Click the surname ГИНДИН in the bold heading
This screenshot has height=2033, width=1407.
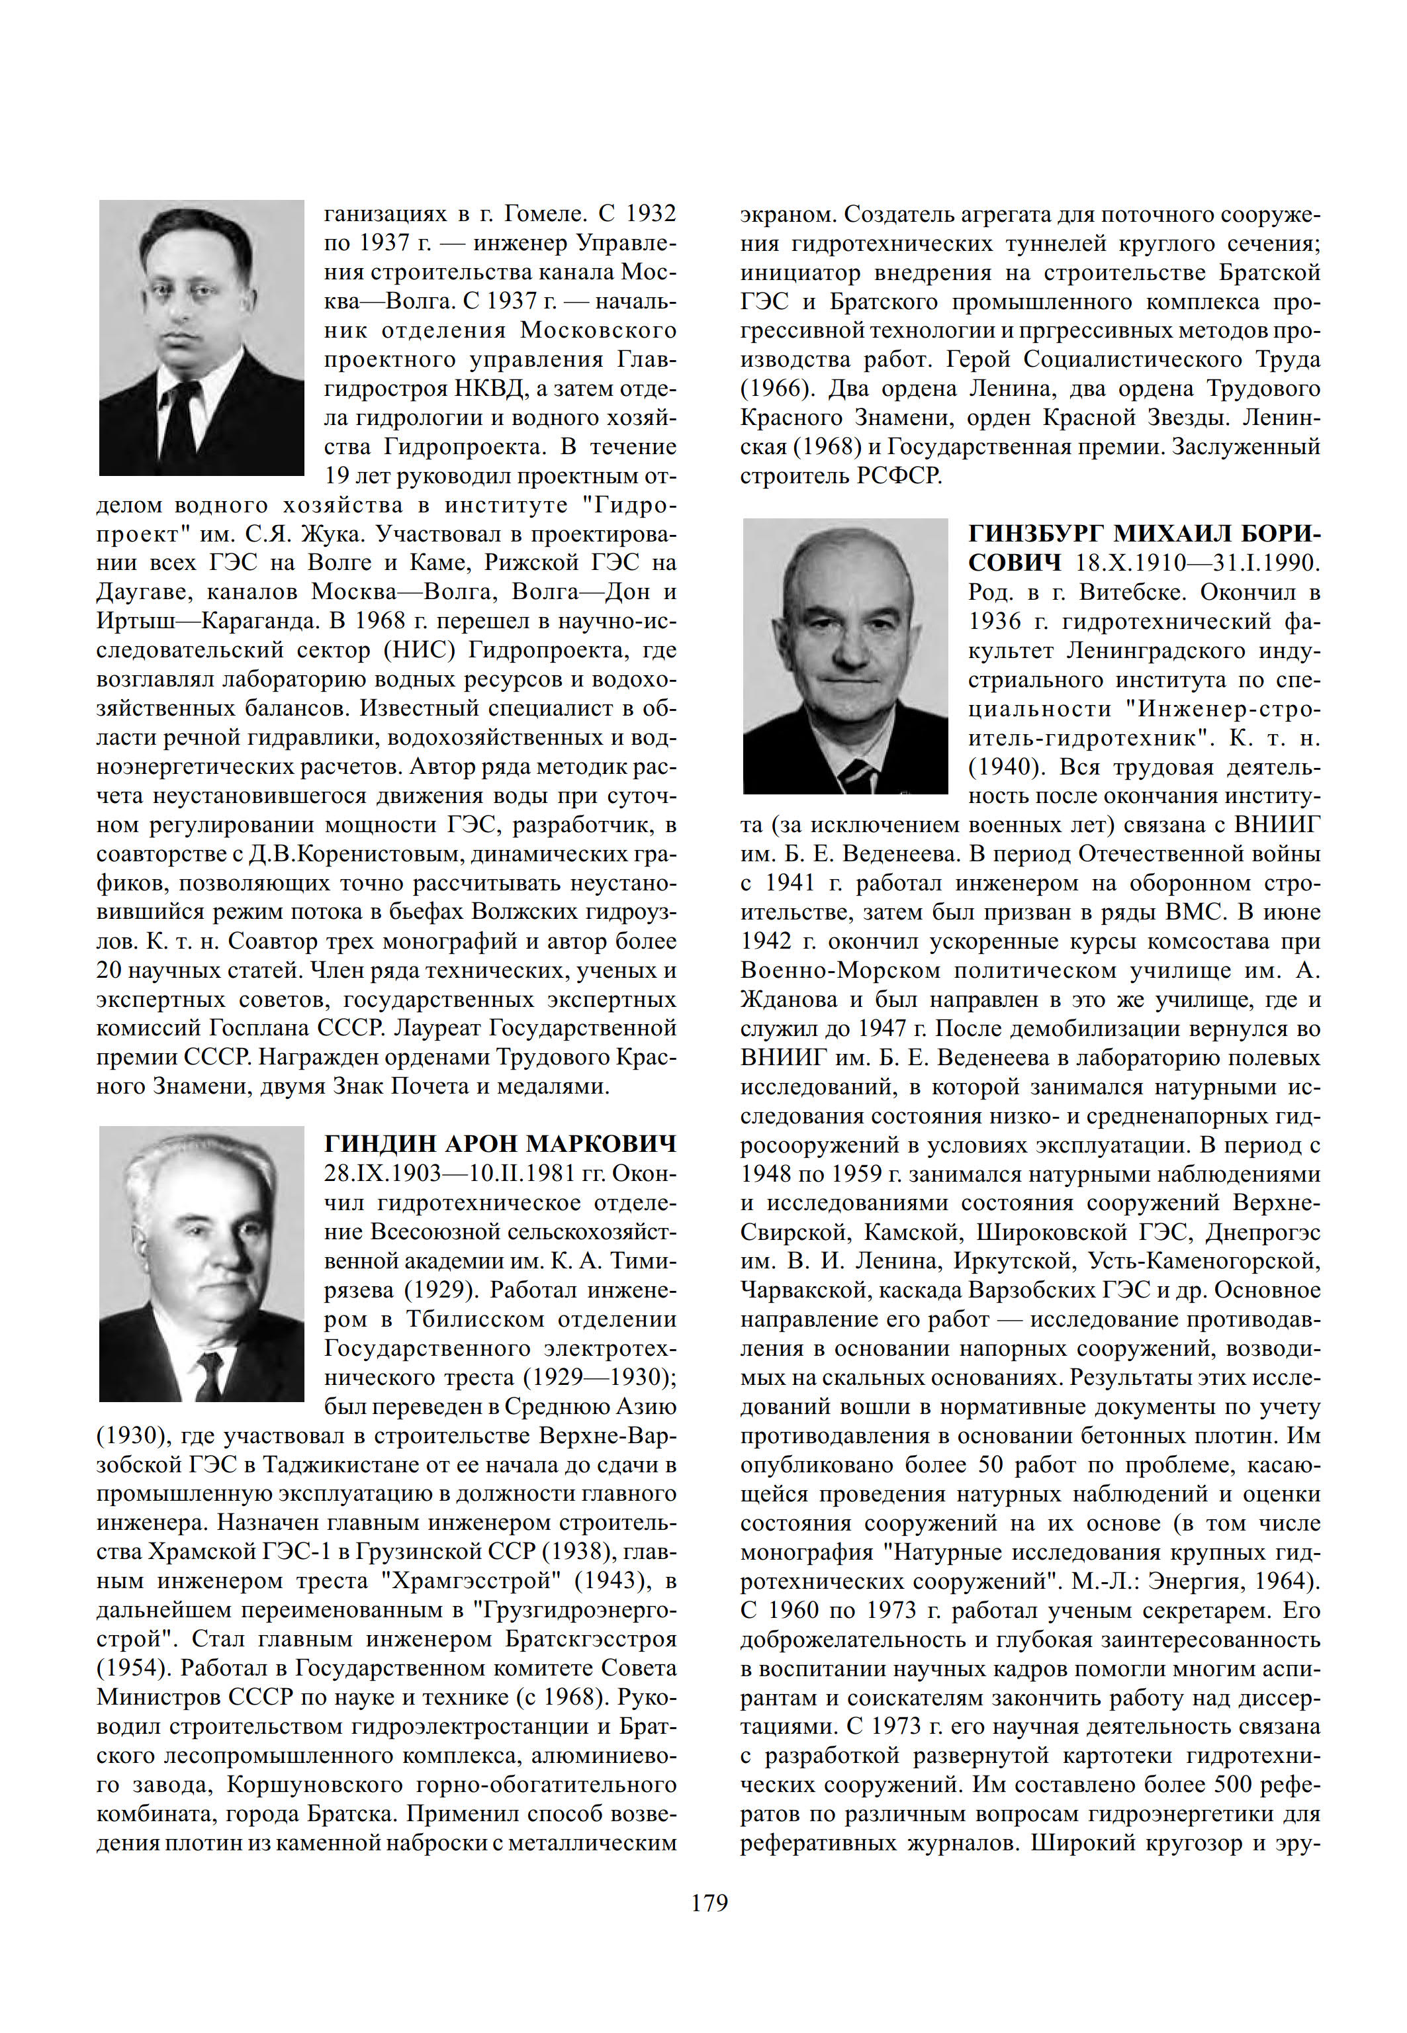[x=380, y=1145]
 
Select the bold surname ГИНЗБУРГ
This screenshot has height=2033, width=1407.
[x=1036, y=534]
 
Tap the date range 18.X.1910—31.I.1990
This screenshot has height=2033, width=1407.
[x=1197, y=563]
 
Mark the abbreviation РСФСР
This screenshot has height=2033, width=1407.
[x=899, y=476]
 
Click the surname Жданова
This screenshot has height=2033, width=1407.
[x=789, y=1000]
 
